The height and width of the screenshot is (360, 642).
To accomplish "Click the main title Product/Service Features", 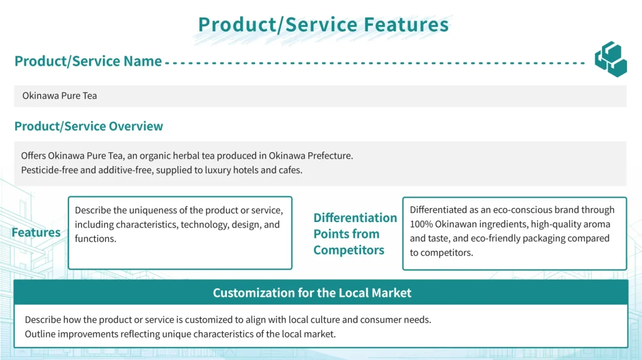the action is (324, 24).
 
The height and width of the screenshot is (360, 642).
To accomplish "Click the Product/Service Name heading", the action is (88, 61).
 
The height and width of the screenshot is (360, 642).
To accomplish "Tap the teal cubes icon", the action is (611, 59).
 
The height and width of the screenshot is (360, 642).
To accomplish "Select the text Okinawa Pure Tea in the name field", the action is (60, 96).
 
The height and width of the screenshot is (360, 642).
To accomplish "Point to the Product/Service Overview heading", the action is (88, 126).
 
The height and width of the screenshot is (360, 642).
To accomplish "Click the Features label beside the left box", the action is (36, 233).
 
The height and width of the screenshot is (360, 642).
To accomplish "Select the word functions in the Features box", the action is (95, 239).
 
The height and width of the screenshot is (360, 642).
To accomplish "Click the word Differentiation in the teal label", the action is (355, 218).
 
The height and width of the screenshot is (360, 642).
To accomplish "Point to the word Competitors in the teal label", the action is (349, 250).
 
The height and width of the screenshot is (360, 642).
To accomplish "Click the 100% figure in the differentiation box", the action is (421, 225).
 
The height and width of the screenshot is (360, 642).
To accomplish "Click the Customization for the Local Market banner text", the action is (312, 293).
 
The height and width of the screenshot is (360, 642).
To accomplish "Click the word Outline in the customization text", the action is (40, 334).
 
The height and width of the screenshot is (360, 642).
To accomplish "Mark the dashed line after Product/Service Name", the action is (375, 63).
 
